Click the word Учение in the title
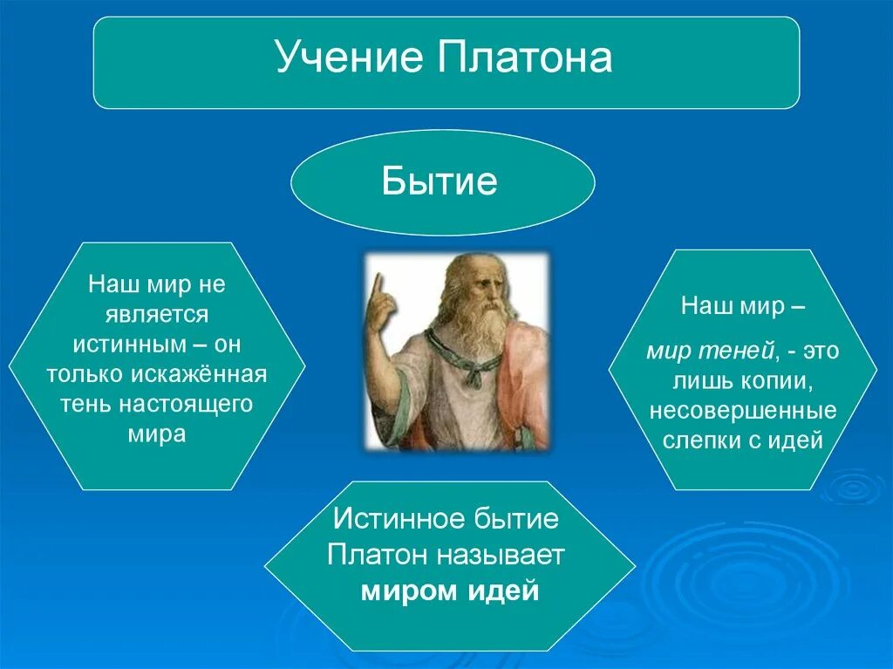click(349, 57)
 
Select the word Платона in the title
click(525, 57)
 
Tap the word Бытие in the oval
click(440, 181)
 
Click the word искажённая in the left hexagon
click(200, 374)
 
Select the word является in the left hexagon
click(157, 315)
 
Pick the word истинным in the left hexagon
click(129, 345)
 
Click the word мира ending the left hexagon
click(157, 434)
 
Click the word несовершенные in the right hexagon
click(743, 411)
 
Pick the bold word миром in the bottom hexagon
click(410, 590)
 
